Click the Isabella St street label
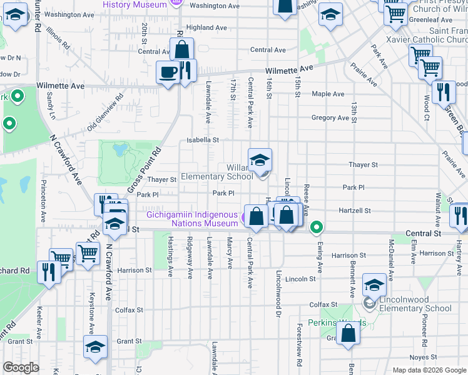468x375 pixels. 206,141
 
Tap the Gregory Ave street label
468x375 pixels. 330,117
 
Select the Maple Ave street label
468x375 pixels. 328,94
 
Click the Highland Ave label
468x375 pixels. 206,27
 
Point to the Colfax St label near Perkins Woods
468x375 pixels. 323,304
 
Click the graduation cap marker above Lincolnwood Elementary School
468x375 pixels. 374,286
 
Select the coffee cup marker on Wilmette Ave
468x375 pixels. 168,72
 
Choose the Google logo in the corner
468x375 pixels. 21,367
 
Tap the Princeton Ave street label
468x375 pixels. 44,202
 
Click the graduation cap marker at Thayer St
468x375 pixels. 260,160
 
